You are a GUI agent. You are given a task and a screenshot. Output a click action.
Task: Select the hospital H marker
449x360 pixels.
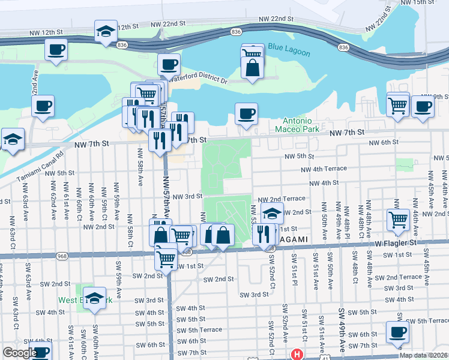[296, 355]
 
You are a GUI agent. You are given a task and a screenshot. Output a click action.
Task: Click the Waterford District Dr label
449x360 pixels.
[198, 79]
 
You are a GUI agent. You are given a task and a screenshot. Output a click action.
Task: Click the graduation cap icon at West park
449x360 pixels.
[94, 298]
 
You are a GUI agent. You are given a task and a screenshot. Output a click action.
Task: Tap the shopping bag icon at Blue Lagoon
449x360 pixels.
[253, 68]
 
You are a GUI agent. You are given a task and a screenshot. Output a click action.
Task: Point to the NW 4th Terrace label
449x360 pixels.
[324, 169]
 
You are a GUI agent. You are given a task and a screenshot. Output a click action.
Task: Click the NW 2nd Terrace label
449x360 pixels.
[282, 199]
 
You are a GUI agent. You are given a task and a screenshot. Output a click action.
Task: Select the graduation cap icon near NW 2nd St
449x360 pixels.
[272, 214]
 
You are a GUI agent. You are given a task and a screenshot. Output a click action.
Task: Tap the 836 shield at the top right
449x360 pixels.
[343, 47]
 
